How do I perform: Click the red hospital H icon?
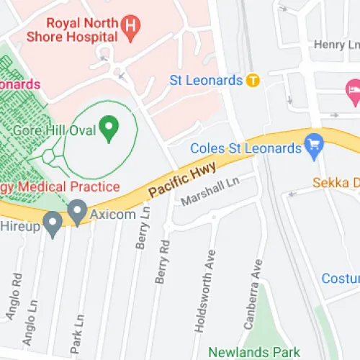coord(130,28)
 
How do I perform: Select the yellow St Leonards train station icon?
coord(253,80)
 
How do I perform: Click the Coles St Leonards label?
coord(245,149)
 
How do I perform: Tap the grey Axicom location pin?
coord(78,211)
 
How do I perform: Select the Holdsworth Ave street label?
coord(204,290)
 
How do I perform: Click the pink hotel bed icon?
coord(352,89)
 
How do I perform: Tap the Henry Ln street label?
coord(336,45)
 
